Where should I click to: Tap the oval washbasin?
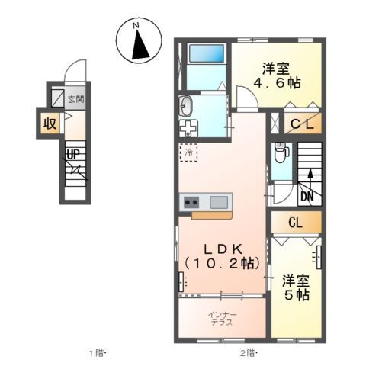pyautogui.click(x=188, y=105)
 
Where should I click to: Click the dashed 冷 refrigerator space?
pyautogui.click(x=188, y=152)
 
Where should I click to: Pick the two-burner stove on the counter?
pyautogui.click(x=191, y=202)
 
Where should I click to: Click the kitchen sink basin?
pyautogui.click(x=218, y=202)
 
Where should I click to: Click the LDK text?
pyautogui.click(x=221, y=248)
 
